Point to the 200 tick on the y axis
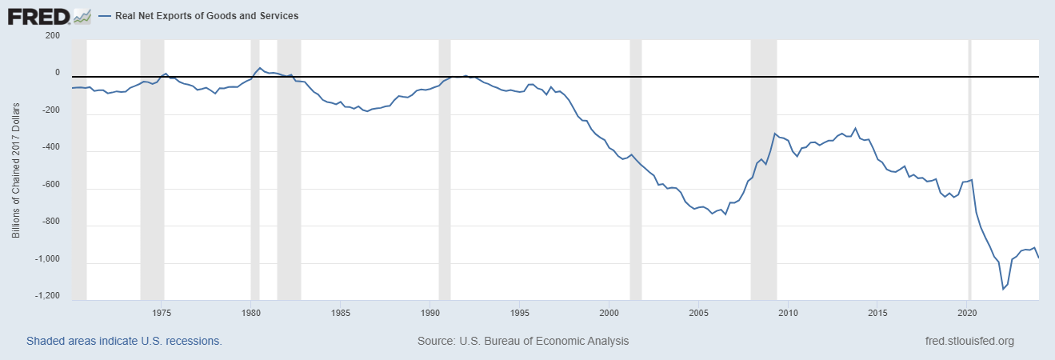click(x=53, y=35)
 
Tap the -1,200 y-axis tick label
click(x=46, y=296)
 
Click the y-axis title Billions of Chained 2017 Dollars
click(x=16, y=173)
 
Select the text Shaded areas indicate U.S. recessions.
click(x=124, y=341)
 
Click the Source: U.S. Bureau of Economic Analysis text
click(x=523, y=341)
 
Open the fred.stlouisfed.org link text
click(x=969, y=341)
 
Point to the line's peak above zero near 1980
click(x=260, y=68)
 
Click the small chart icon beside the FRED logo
click(x=82, y=16)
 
